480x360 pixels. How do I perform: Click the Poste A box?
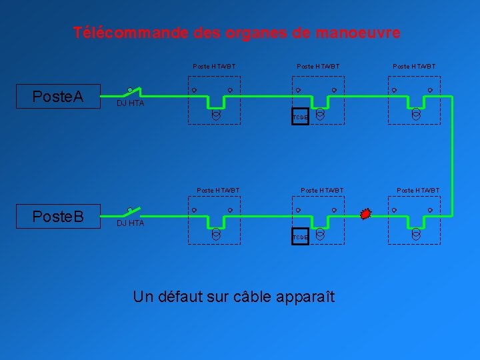click(x=58, y=97)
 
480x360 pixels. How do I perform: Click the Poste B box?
click(x=58, y=217)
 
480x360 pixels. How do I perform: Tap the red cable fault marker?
click(x=365, y=214)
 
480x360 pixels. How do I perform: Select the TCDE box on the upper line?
click(x=300, y=117)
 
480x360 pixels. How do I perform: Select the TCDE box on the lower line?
click(x=300, y=237)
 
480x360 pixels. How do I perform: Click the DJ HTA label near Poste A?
click(x=130, y=103)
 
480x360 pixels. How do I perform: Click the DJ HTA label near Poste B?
click(x=130, y=223)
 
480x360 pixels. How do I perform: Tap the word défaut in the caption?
click(x=181, y=297)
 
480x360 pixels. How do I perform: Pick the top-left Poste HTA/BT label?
click(x=214, y=67)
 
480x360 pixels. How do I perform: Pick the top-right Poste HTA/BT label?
click(x=414, y=67)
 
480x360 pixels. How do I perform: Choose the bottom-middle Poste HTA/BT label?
click(x=322, y=191)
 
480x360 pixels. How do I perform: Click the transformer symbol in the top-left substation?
click(x=216, y=114)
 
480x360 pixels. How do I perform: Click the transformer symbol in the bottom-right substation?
click(x=416, y=234)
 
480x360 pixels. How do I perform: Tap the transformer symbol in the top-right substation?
click(x=416, y=114)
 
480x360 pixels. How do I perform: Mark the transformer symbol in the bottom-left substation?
click(x=216, y=234)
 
